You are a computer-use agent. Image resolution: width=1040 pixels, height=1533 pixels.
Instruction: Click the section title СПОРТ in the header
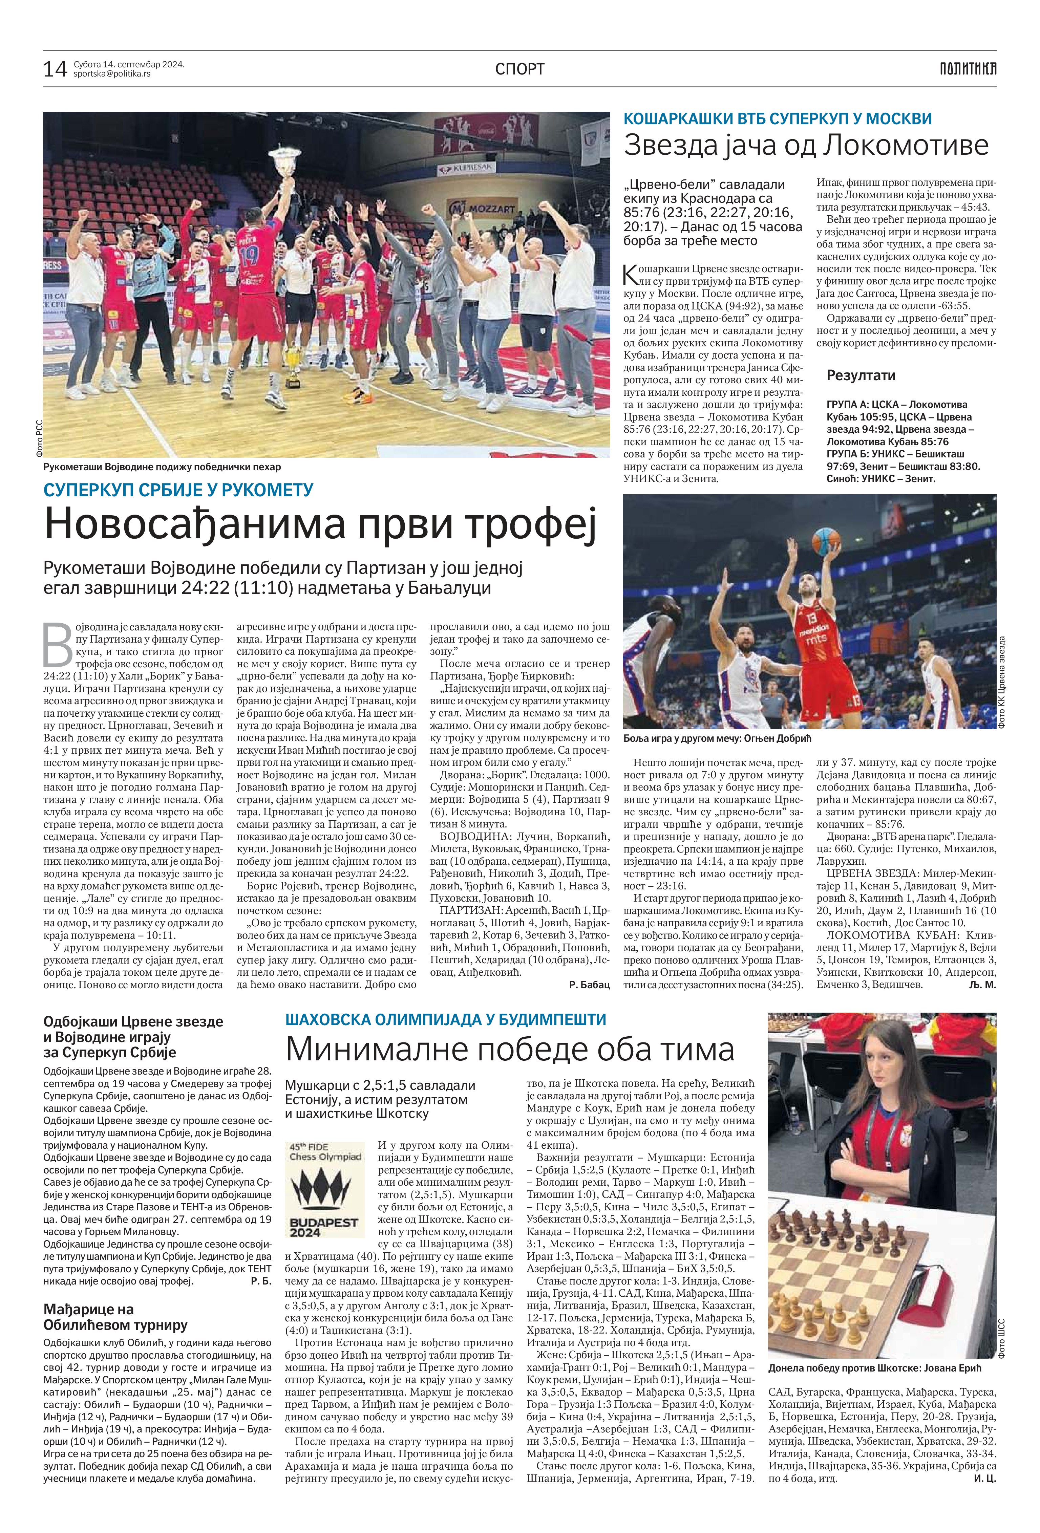click(520, 69)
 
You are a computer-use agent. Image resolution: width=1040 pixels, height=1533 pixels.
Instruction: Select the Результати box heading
click(861, 375)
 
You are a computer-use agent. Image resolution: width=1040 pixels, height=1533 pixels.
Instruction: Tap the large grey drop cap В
click(57, 644)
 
